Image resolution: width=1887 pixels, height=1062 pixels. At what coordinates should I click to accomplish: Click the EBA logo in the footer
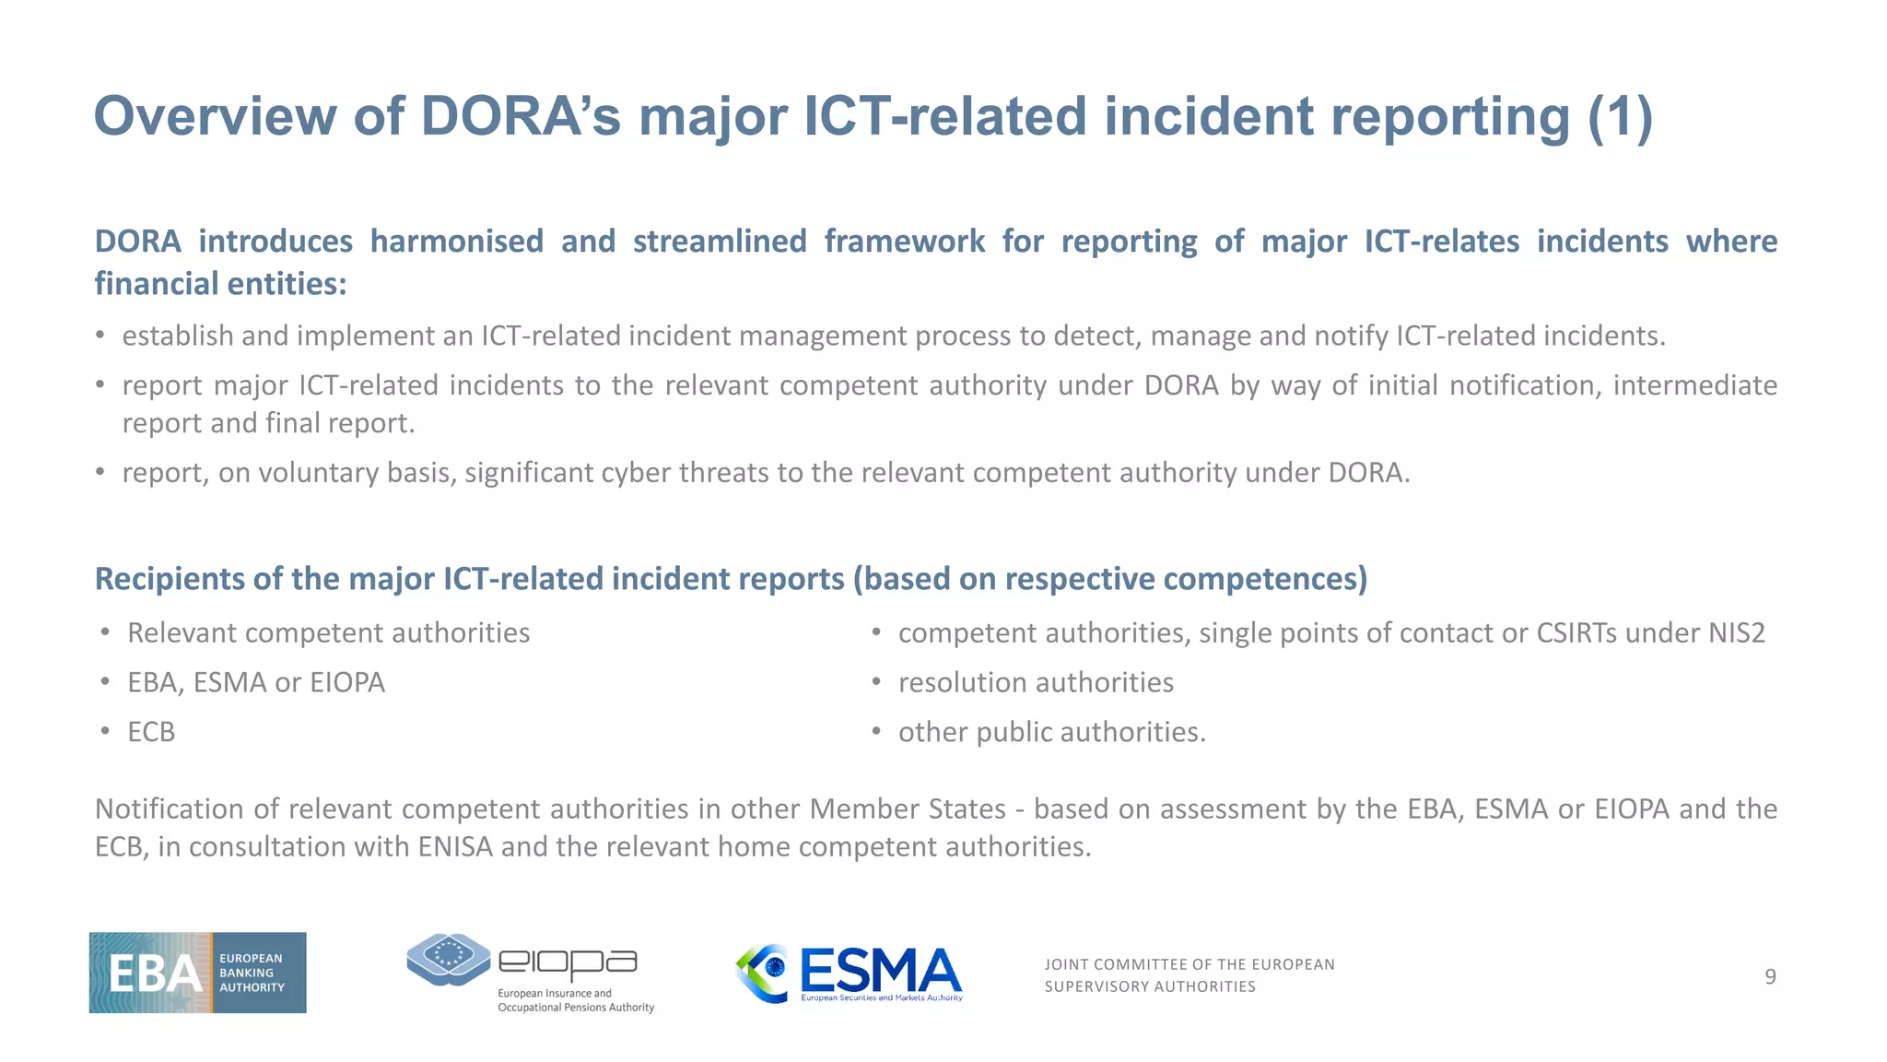tap(197, 973)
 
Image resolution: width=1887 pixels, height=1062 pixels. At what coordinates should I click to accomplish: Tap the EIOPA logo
tap(530, 973)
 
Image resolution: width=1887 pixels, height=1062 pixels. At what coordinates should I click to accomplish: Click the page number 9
tap(1770, 976)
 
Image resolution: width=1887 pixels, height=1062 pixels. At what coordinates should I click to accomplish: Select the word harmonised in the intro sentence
tap(457, 242)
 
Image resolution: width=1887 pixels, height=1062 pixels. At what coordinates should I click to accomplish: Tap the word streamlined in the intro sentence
tap(720, 242)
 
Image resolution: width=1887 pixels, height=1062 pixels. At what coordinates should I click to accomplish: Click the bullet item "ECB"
tap(151, 732)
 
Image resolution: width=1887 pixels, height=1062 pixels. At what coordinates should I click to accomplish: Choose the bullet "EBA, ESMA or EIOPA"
tap(256, 682)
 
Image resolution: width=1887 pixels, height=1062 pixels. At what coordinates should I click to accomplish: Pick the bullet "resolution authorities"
tap(1036, 682)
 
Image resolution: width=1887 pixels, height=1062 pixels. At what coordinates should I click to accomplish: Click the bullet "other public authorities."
tap(1051, 732)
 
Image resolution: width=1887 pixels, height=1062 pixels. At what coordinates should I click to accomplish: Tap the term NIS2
tap(1737, 633)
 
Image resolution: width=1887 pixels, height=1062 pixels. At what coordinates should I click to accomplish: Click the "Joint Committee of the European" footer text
tap(1189, 964)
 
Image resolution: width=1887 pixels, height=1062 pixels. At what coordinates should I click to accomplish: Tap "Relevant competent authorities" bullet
tap(328, 633)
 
